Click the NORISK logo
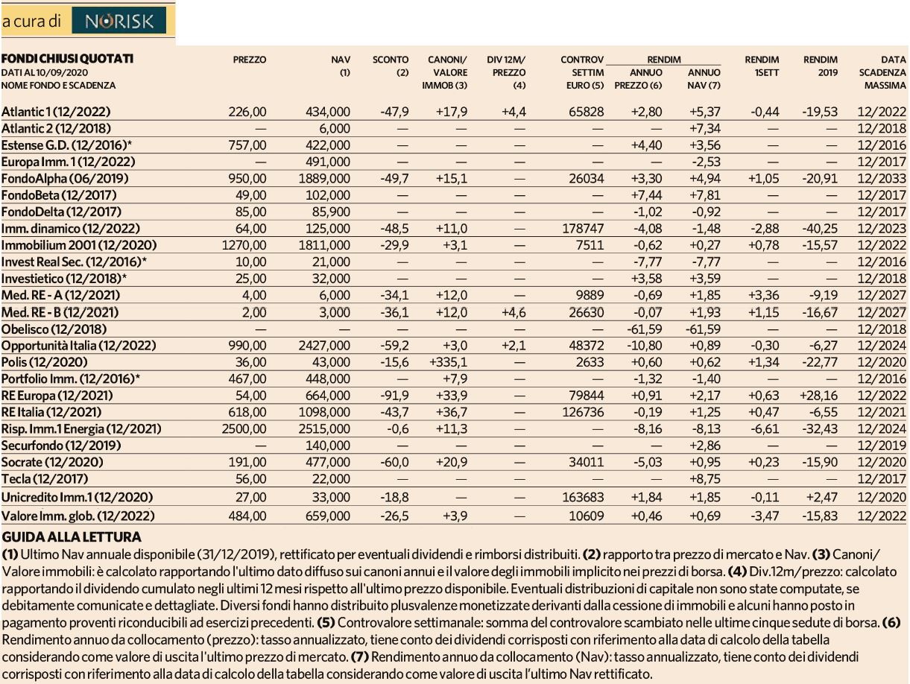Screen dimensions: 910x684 point(119,20)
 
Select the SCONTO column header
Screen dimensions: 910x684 point(390,60)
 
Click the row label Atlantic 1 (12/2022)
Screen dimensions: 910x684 point(56,112)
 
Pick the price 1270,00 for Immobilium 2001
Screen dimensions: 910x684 point(244,245)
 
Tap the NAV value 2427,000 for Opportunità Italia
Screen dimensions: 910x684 point(324,346)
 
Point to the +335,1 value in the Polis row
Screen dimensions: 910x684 point(449,362)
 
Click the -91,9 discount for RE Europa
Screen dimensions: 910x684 point(394,396)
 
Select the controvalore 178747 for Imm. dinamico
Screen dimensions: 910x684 point(583,229)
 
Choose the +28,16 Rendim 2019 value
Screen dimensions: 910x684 point(818,396)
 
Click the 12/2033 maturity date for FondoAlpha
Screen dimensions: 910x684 point(882,179)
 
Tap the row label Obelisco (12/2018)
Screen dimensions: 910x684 point(54,329)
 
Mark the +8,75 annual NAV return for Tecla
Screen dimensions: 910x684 point(705,479)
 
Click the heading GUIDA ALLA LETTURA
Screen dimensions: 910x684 point(72,537)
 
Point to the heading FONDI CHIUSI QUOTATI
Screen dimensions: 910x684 point(67,59)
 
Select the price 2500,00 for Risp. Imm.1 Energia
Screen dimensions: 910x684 point(244,428)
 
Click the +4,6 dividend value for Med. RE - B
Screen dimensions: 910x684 point(514,312)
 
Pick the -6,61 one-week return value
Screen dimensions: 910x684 point(765,428)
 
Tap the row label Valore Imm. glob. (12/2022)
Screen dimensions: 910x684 point(78,516)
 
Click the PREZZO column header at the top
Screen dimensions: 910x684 point(249,60)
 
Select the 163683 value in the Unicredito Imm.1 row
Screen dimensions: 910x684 point(583,497)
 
